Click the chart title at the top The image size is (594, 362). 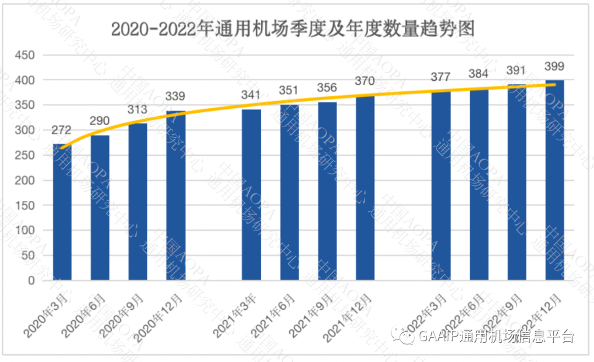pos(292,28)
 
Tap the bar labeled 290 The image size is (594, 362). pos(100,208)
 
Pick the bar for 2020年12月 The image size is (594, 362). pos(175,195)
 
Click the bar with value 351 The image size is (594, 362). pos(289,193)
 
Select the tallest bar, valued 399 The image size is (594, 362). pos(554,180)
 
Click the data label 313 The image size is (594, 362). pos(137,112)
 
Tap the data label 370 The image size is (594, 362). pos(365,81)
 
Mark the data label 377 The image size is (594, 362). pos(441,77)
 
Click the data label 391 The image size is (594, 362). pos(516,70)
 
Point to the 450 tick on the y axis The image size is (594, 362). pos(25,55)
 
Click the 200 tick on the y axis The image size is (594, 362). pos(25,180)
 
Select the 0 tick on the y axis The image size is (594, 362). pos(31,281)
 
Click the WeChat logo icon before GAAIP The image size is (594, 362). pos(408,336)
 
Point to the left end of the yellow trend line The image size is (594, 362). pos(62,147)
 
